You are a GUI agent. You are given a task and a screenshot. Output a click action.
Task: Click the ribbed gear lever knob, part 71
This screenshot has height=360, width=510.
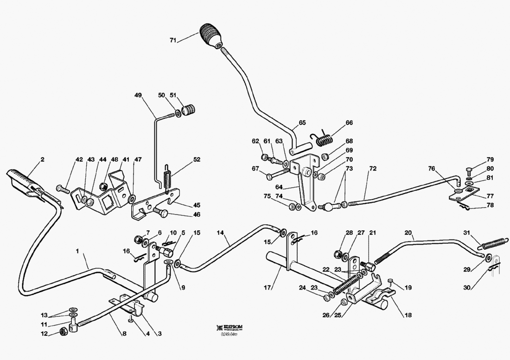(211, 36)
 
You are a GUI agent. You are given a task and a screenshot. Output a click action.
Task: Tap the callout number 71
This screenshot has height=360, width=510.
(173, 41)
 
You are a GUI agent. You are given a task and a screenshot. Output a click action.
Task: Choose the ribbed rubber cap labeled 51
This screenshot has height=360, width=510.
(188, 110)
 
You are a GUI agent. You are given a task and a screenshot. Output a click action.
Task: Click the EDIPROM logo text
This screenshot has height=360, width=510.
(232, 327)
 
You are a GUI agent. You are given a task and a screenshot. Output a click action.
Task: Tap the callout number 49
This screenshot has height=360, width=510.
(138, 95)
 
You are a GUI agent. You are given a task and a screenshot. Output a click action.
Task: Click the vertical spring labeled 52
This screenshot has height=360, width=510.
(169, 178)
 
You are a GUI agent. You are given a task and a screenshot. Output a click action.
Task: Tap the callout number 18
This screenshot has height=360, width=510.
(408, 315)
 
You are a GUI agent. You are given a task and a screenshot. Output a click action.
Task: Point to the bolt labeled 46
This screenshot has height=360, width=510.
(162, 213)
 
